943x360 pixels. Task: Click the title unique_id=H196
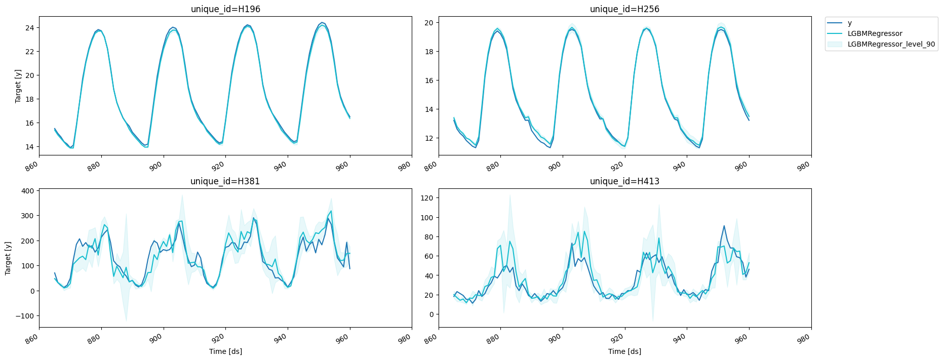coord(225,9)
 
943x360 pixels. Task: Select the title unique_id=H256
coord(624,9)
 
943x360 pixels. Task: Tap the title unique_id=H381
coord(225,181)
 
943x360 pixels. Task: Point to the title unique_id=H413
coord(624,181)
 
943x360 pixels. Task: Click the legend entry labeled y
coord(849,23)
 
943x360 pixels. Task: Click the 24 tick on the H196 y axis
coord(30,27)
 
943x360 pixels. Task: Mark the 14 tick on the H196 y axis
coord(30,147)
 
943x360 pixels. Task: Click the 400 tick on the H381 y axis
coord(28,191)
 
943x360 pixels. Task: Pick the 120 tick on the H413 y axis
coord(427,198)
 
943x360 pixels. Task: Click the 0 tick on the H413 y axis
coord(431,314)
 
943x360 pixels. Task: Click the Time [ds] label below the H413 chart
coord(624,351)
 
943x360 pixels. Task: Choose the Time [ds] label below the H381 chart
coord(225,351)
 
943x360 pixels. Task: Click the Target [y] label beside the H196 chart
coord(18,86)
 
